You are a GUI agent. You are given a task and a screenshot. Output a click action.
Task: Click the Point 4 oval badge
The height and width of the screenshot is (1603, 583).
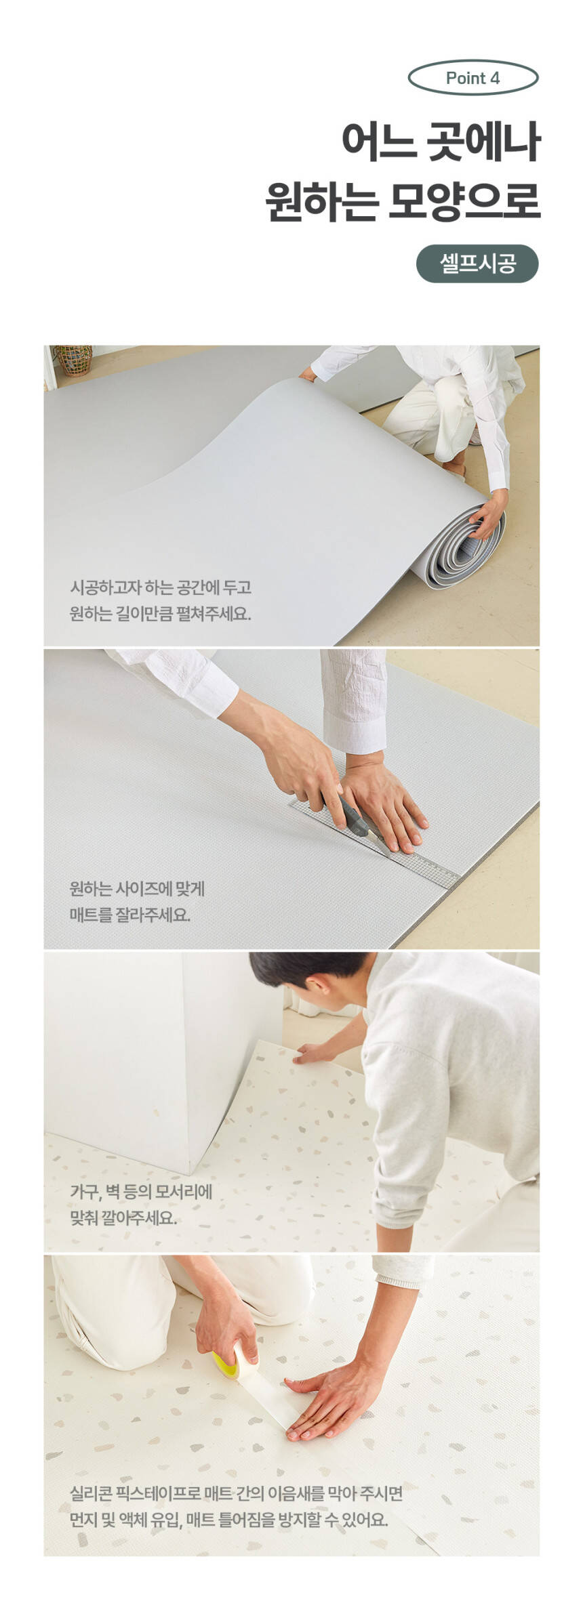473,78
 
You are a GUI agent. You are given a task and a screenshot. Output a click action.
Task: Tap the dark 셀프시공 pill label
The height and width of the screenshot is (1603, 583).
477,264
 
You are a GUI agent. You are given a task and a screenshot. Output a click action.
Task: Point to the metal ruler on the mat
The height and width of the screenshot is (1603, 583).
375,844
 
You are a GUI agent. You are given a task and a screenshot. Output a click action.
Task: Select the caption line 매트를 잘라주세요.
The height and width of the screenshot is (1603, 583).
130,915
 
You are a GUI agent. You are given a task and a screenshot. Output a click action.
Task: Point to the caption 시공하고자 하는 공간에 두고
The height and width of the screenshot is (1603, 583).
161,587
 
